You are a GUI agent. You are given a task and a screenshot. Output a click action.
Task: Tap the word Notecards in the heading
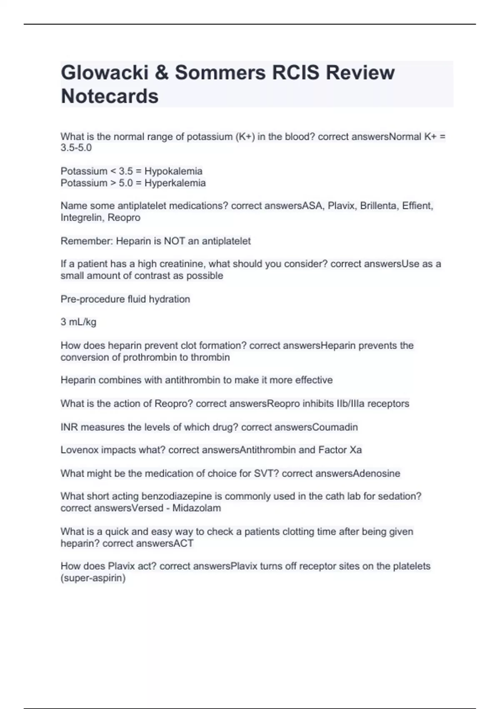coord(110,96)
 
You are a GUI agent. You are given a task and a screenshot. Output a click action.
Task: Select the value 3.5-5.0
coord(76,148)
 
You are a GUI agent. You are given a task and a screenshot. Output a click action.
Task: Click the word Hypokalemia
coord(173,171)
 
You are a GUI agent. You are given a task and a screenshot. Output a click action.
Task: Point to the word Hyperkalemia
coord(175,183)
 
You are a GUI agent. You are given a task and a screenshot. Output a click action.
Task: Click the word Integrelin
coord(82,217)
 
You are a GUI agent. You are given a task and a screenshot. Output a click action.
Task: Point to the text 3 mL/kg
coord(78,322)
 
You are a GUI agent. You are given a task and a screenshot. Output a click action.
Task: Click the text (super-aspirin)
coord(93,578)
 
